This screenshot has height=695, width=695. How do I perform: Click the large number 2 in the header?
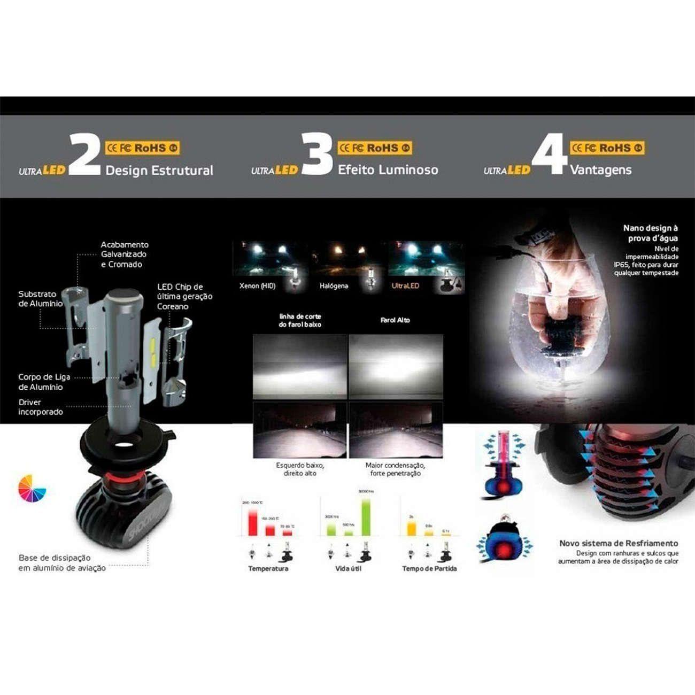pyautogui.click(x=84, y=155)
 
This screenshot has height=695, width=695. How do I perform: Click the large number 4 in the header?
pyautogui.click(x=550, y=155)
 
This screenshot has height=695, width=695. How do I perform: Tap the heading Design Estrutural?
pyautogui.click(x=159, y=171)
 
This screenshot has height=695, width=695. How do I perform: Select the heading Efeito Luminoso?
pyautogui.click(x=388, y=170)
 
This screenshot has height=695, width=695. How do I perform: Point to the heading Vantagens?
pyautogui.click(x=600, y=170)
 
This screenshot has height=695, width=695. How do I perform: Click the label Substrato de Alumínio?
pyautogui.click(x=40, y=299)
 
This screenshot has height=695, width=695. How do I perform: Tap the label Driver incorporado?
pyautogui.click(x=40, y=407)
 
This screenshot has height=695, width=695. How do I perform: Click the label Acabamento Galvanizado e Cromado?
pyautogui.click(x=124, y=254)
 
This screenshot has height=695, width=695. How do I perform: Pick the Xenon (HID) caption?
pyautogui.click(x=257, y=286)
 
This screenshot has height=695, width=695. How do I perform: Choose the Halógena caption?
pyautogui.click(x=334, y=286)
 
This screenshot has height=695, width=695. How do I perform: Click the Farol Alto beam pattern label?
pyautogui.click(x=395, y=320)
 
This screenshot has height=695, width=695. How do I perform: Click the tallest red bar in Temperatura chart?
pyautogui.click(x=252, y=521)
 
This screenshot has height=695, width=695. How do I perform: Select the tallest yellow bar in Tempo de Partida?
pyautogui.click(x=411, y=528)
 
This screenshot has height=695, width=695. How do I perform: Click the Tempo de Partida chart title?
pyautogui.click(x=429, y=568)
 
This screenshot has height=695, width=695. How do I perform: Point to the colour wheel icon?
pyautogui.click(x=32, y=488)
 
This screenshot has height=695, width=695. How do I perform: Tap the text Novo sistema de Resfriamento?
pyautogui.click(x=618, y=543)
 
